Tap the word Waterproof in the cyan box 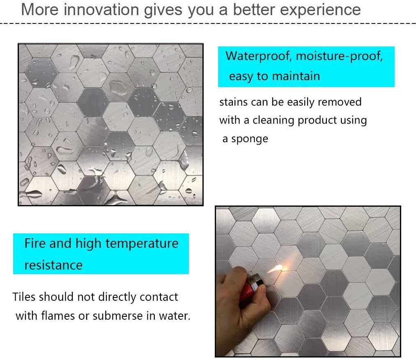(x=258, y=56)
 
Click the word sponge (x=250, y=139)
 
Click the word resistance (x=53, y=265)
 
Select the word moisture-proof (x=339, y=56)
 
